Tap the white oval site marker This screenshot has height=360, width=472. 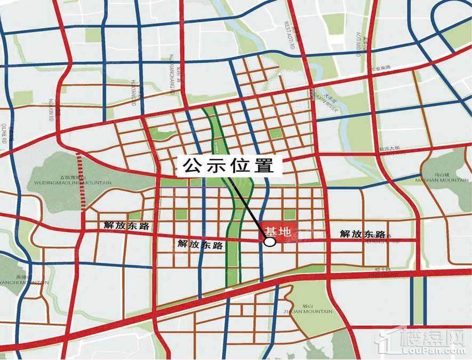(270, 242)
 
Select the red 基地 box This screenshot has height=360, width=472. (277, 232)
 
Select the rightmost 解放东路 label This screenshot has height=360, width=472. (363, 234)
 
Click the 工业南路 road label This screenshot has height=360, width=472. (382, 68)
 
